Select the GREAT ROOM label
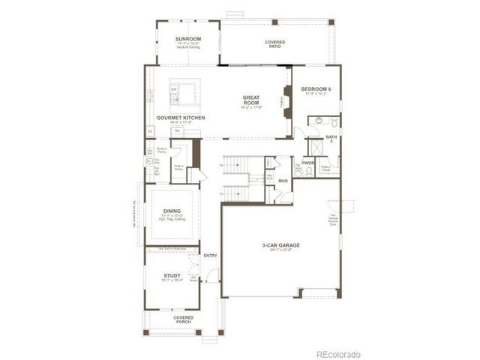250,100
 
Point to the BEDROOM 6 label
316,89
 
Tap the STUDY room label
172,276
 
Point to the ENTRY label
210,256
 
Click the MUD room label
283,181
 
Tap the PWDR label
307,163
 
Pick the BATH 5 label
331,139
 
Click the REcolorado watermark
337,353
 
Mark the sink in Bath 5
318,120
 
